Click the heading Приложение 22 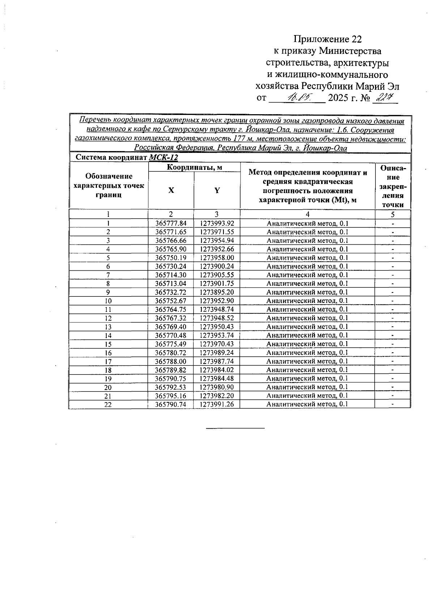point(327,39)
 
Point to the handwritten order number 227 point(386,97)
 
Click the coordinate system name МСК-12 point(163,158)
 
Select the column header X point(171,190)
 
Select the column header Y point(217,190)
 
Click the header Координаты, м point(194,167)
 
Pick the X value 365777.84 point(171,223)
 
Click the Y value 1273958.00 point(217,258)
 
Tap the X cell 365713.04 point(171,284)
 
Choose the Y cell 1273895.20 point(217,292)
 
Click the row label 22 point(108,405)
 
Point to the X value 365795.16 point(171,396)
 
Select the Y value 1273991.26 point(217,404)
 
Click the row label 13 point(108,327)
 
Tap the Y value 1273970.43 point(217,344)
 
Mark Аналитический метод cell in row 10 point(307,301)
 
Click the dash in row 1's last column point(393,224)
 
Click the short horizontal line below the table point(235,428)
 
